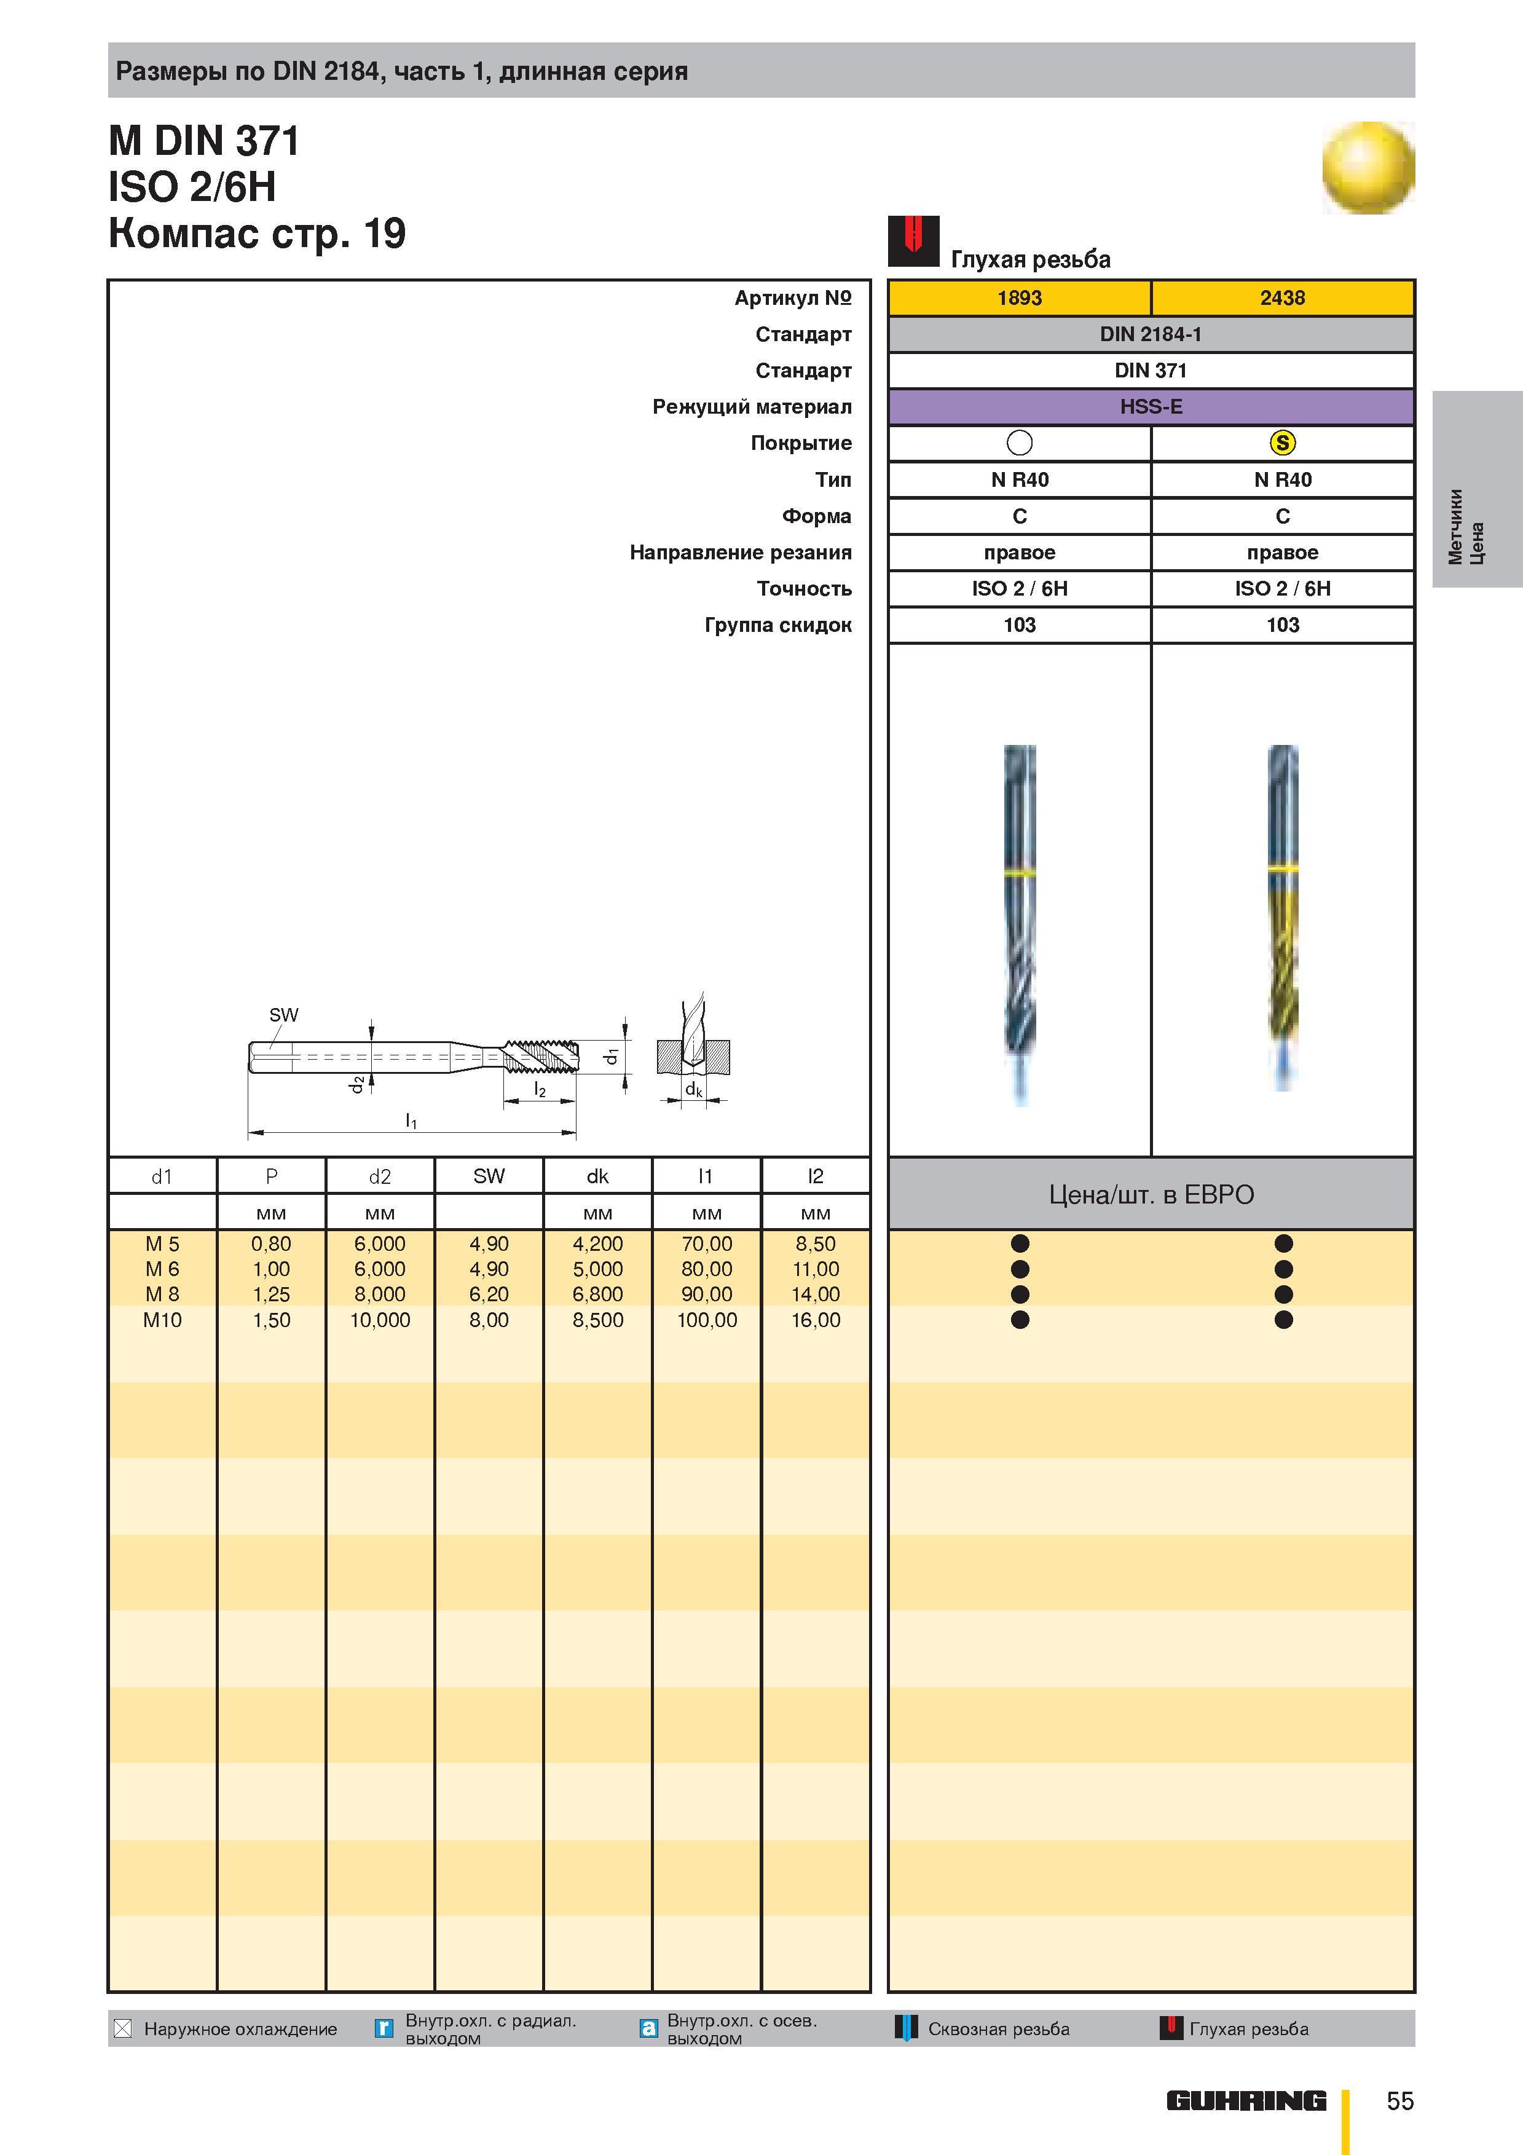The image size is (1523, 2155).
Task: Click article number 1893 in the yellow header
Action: pos(1019,297)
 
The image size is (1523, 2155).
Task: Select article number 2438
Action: pos(1282,297)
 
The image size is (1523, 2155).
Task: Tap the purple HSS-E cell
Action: pos(1151,406)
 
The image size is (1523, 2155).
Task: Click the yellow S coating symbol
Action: pos(1282,443)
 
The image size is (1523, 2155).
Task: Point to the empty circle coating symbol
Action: pos(1019,443)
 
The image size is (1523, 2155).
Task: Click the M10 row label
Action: pos(162,1320)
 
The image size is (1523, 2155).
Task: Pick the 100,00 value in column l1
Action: pos(707,1320)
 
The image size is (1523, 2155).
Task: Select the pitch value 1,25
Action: pos(271,1294)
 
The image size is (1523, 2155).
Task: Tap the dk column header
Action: pos(598,1176)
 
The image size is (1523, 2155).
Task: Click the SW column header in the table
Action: pos(489,1176)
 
